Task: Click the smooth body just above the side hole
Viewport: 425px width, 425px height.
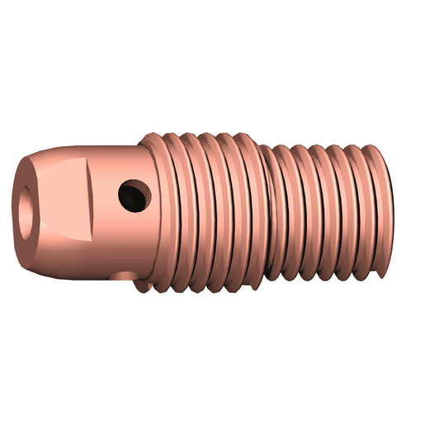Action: pyautogui.click(x=124, y=161)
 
